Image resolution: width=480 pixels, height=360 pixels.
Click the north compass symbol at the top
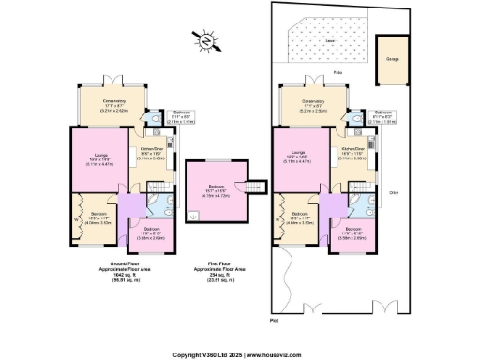(x=203, y=40)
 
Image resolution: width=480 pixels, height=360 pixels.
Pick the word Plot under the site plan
(x=274, y=321)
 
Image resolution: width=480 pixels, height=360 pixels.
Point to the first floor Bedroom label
(x=217, y=187)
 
